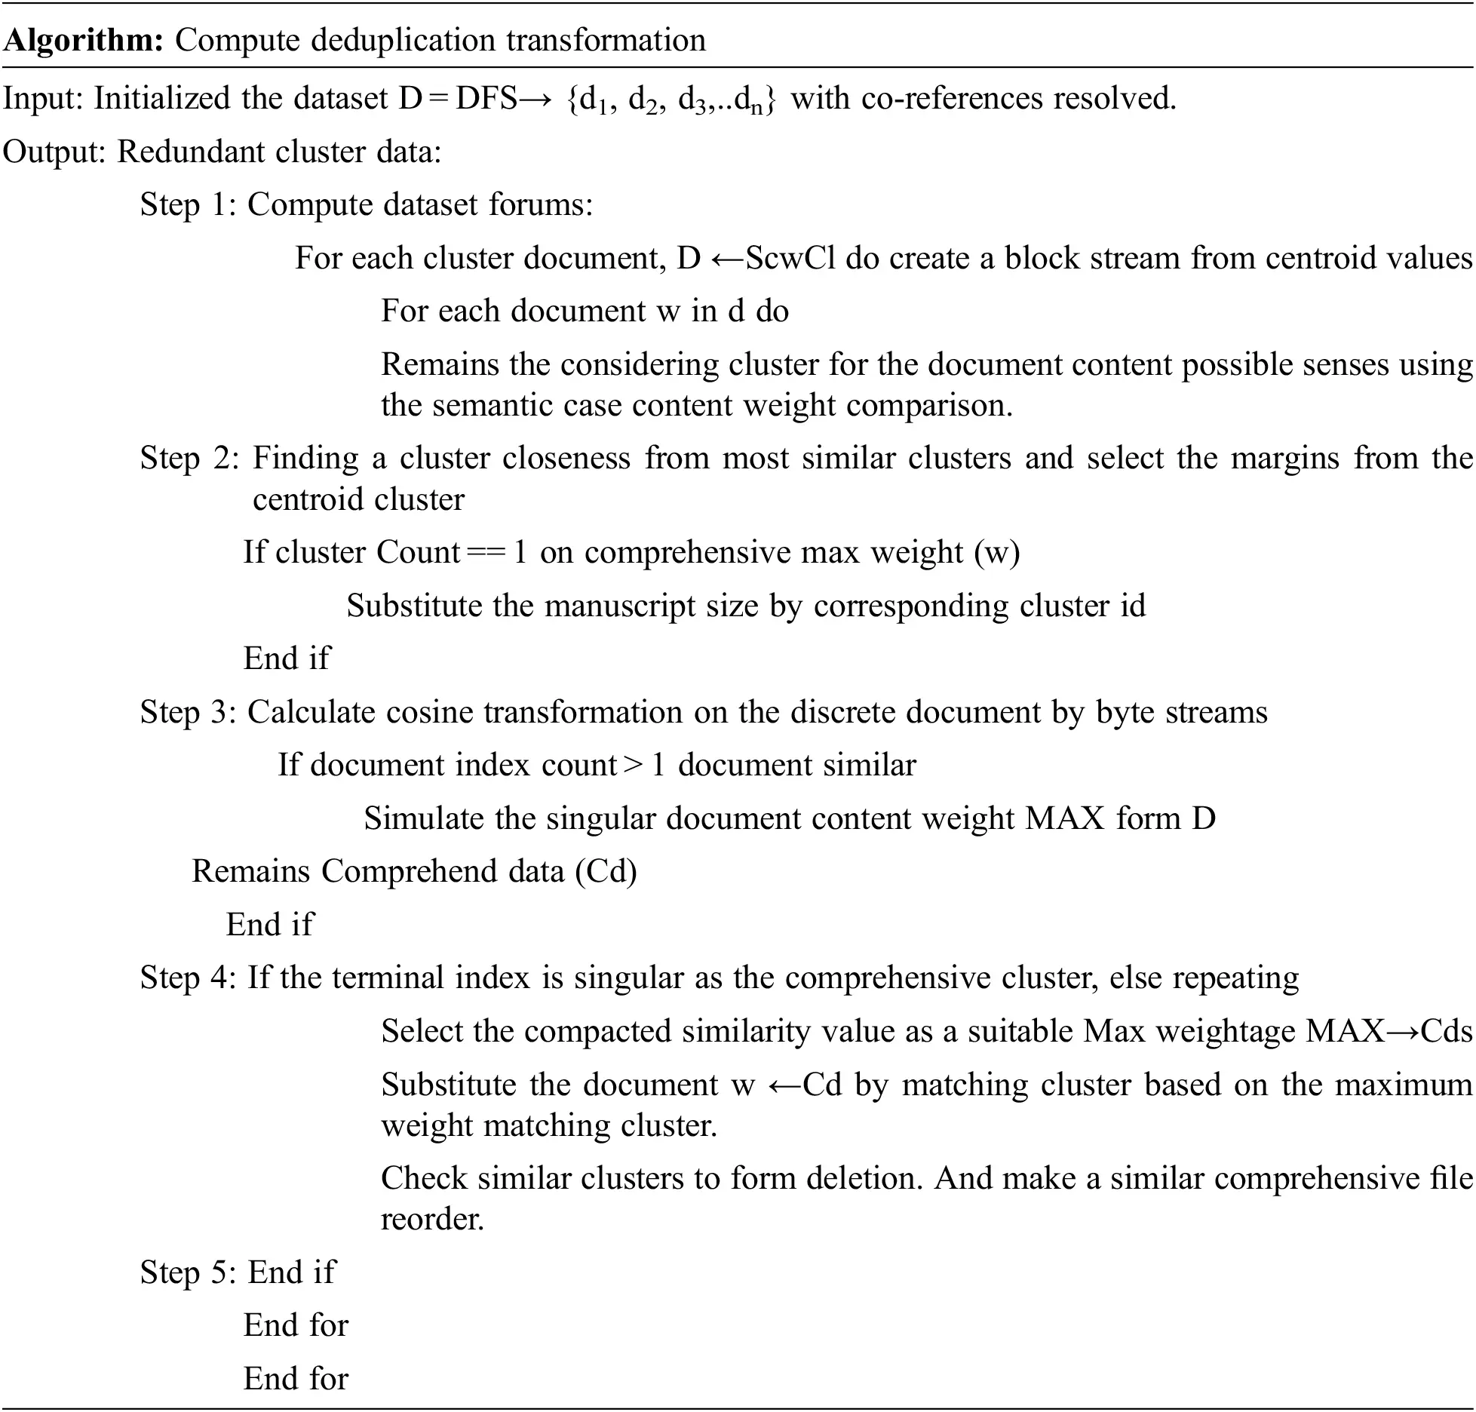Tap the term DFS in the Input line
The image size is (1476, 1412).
[x=486, y=99]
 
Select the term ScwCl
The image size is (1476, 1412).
[x=790, y=259]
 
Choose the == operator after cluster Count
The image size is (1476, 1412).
[x=486, y=553]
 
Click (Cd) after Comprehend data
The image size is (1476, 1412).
[x=606, y=872]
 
